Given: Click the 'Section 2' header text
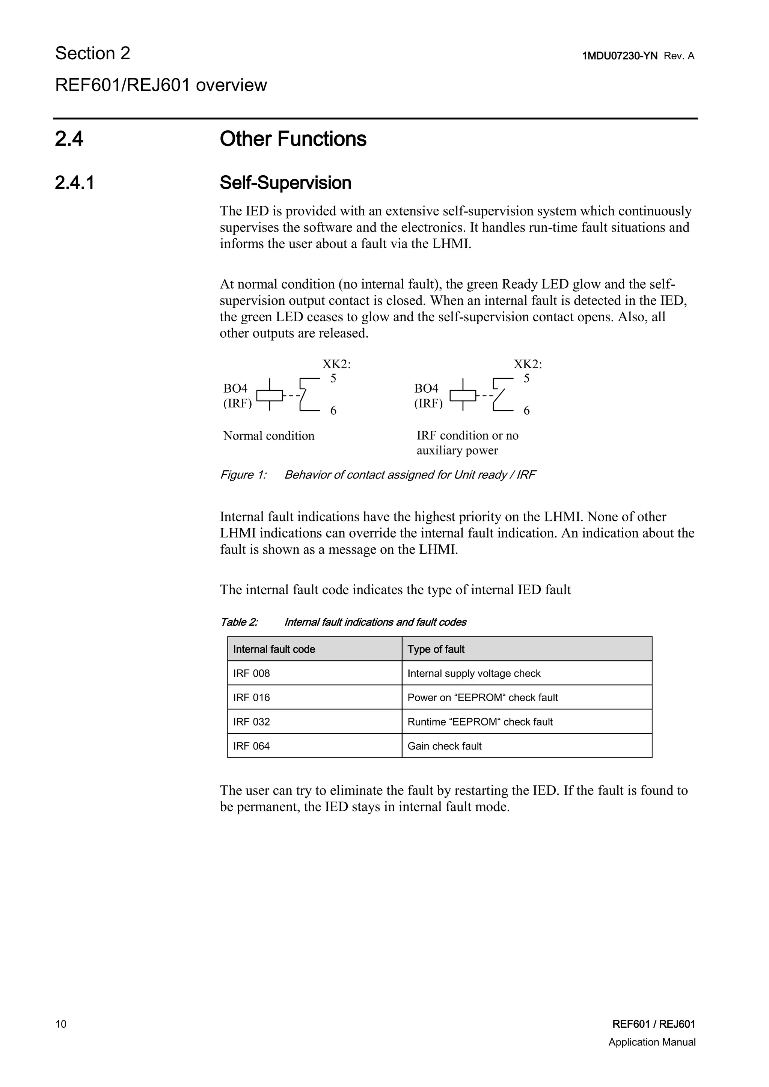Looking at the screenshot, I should coord(93,54).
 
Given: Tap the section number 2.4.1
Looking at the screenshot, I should coord(75,183).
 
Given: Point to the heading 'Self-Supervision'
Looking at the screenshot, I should coord(285,183).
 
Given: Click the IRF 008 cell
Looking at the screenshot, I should coord(252,673).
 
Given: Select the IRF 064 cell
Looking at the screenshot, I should coord(252,746).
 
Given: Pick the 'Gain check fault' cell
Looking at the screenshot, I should coord(444,746).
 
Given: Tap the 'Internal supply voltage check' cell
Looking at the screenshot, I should coord(473,673).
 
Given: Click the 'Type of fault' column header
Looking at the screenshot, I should coord(436,649).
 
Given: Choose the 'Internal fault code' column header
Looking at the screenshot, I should coord(274,649).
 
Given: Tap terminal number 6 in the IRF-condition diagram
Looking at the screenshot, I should coord(526,411).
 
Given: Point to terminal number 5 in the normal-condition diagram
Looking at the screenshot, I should coord(333,378).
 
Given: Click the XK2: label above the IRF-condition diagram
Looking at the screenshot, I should coord(528,364).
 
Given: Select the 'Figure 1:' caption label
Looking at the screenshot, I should coord(243,475).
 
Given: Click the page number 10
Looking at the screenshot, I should coord(61,1024).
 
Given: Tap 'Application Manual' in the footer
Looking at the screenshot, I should coord(651,1042).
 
